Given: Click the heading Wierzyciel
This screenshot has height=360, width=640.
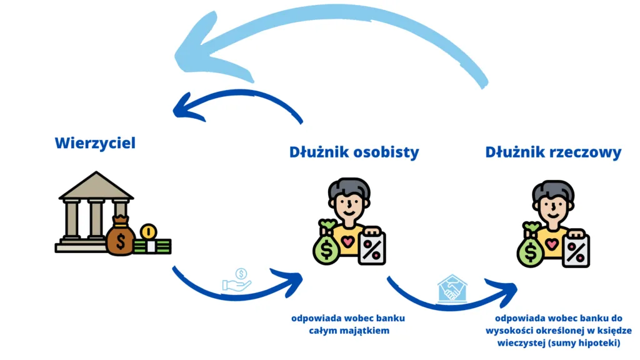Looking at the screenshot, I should [x=95, y=143].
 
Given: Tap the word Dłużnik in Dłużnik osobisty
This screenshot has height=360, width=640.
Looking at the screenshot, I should [x=316, y=152].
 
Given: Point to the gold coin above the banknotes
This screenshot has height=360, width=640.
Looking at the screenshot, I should [x=148, y=232].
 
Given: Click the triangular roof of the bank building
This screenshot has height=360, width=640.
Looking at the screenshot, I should [x=96, y=186].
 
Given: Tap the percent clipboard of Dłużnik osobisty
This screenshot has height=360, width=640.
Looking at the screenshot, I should [x=371, y=246].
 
